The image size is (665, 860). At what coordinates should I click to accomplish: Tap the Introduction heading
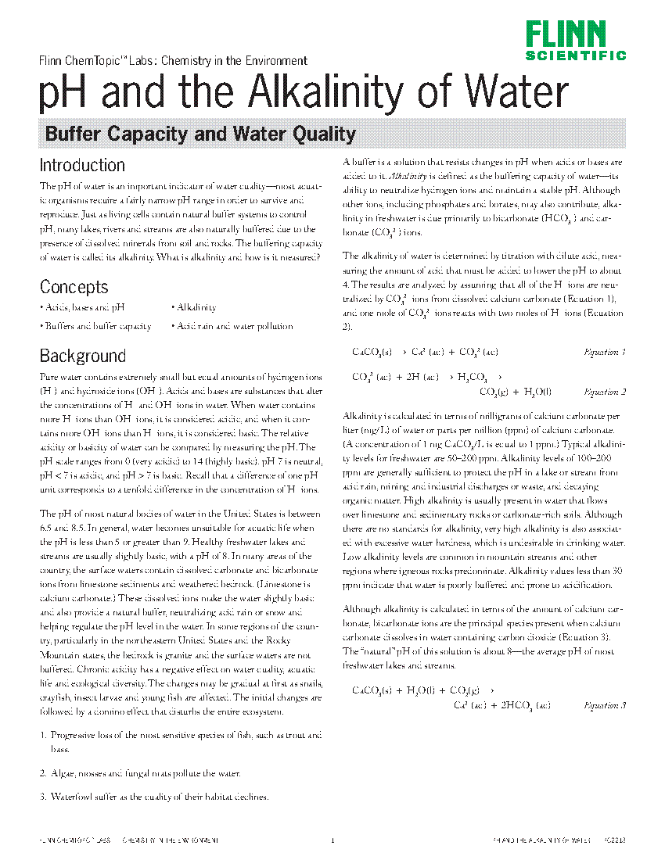pos(82,165)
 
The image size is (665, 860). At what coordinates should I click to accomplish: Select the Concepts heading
pos(74,287)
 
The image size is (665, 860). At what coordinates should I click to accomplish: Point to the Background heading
pos(83,357)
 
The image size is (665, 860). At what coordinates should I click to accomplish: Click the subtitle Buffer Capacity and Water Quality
pos(200,134)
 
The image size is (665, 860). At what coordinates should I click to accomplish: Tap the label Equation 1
pos(605,353)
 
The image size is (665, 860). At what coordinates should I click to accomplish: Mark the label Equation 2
pos(605,392)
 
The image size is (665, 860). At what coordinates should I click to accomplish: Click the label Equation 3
pos(605,705)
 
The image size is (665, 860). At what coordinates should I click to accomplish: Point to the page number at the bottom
pos(332,840)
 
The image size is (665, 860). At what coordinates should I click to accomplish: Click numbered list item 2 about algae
pos(140,773)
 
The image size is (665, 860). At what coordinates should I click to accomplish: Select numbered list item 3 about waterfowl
pos(154,797)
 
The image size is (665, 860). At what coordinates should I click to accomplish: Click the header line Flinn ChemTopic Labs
pos(173,61)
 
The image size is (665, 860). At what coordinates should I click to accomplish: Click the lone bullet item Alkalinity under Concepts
pos(196,308)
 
